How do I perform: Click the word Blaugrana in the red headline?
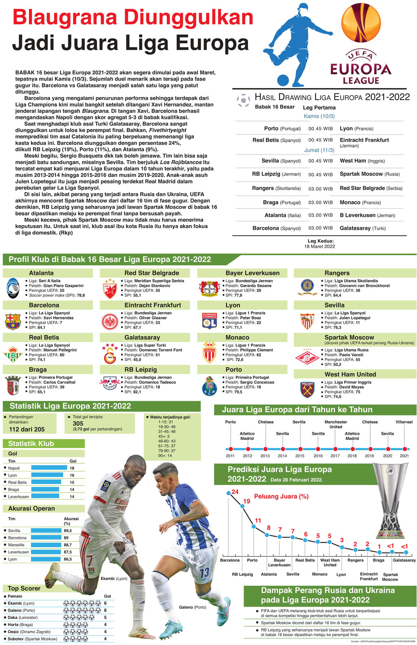(64, 18)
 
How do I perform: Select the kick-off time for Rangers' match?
(320, 189)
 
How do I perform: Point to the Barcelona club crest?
(13, 321)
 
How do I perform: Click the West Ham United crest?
(307, 389)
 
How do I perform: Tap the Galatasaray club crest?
(110, 353)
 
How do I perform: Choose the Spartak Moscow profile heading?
(349, 337)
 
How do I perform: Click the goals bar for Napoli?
(49, 468)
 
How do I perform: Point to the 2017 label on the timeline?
(335, 456)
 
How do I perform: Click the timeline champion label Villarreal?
(404, 422)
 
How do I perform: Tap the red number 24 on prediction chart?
(235, 492)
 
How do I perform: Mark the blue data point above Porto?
(254, 527)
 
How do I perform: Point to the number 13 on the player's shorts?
(204, 572)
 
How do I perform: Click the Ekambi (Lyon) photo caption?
(114, 578)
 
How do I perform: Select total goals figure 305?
(78, 424)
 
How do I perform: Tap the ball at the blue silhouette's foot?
(283, 80)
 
